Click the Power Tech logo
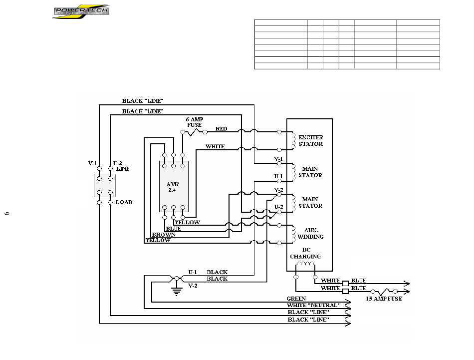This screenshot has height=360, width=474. [81, 11]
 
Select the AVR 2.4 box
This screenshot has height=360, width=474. [174, 186]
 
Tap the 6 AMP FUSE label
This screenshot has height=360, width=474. [195, 122]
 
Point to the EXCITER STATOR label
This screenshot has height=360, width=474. [311, 141]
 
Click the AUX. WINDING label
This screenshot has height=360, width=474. [310, 234]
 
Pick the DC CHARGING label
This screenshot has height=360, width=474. [306, 253]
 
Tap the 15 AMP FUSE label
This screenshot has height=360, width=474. [384, 299]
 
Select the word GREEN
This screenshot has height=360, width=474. [296, 299]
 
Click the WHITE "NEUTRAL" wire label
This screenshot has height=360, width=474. [314, 305]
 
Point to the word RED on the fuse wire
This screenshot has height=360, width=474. [221, 129]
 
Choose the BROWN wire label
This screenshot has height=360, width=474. [164, 235]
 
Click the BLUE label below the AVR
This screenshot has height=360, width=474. [174, 229]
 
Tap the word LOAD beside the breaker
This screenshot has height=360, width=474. [124, 202]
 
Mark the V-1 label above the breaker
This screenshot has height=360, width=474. [92, 163]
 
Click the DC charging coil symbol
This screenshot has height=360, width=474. [305, 264]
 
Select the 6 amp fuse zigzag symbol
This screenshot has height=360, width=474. [194, 132]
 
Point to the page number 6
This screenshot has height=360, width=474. [6, 214]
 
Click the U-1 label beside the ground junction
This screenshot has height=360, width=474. [193, 272]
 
